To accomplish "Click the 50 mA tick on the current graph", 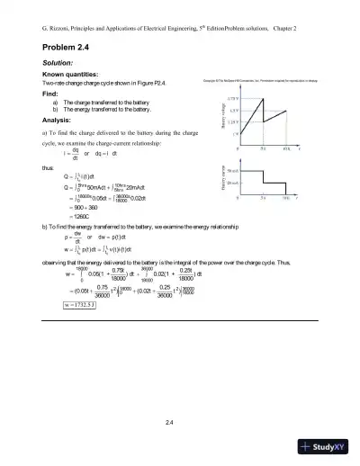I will [230, 169].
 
